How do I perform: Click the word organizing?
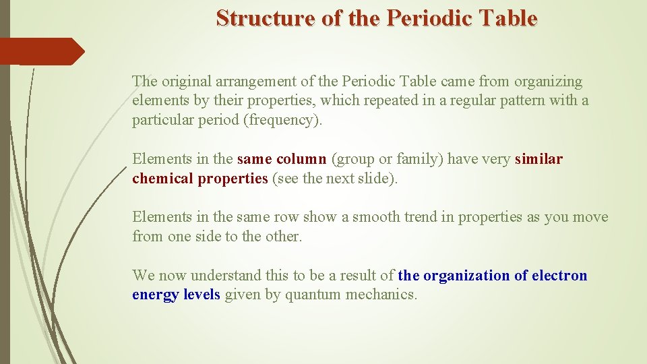coord(548,82)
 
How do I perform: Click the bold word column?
coord(301,159)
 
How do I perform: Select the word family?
coord(415,159)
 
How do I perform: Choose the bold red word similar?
coord(538,159)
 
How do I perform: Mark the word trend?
coord(414,217)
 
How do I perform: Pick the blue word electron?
coord(559,276)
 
